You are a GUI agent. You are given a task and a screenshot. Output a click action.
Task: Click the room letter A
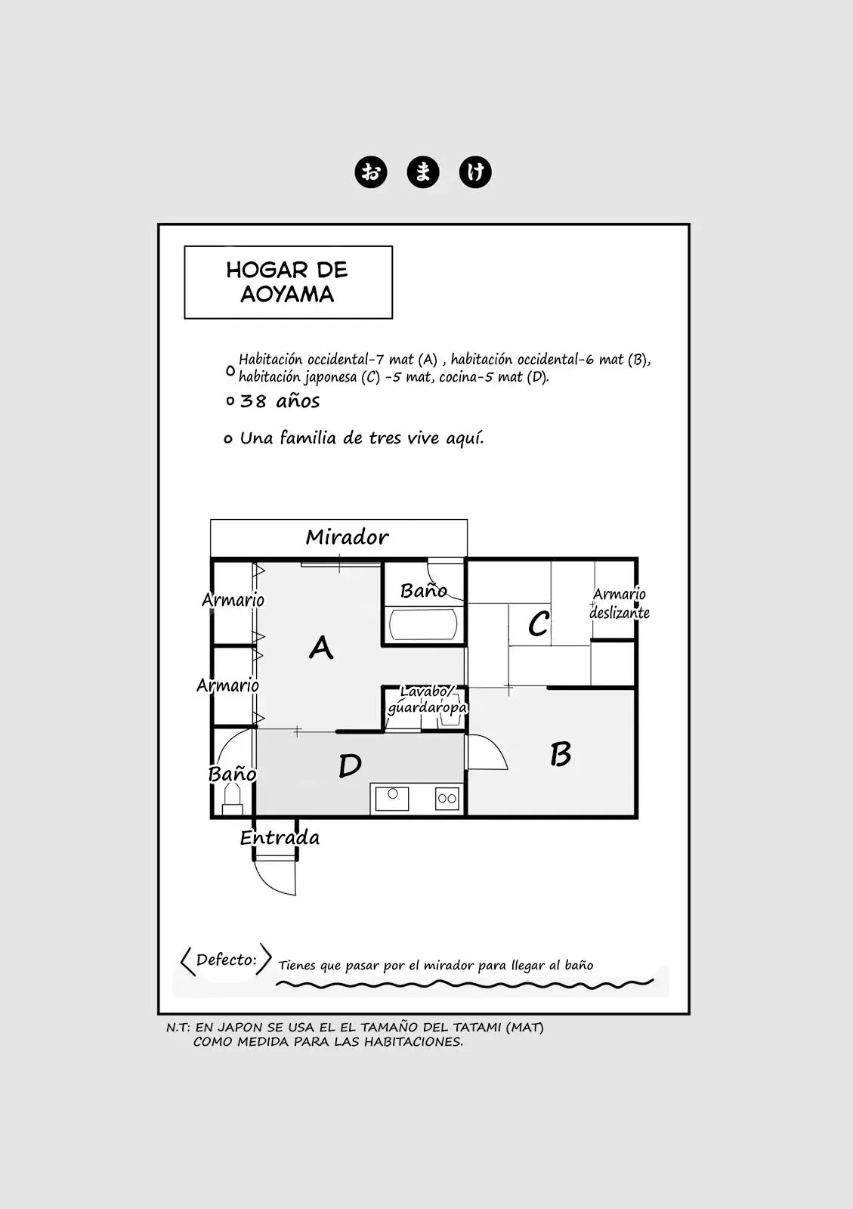321,647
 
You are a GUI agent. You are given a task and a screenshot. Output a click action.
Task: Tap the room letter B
561,755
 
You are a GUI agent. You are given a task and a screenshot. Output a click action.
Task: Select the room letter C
539,624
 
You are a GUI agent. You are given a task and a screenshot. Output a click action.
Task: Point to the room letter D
350,765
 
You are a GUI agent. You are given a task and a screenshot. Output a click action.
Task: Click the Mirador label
347,537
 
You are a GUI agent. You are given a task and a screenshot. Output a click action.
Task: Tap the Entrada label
280,838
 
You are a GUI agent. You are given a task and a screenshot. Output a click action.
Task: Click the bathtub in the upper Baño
423,624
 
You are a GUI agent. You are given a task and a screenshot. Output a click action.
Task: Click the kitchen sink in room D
392,798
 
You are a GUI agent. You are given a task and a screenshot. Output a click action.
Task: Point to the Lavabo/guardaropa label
427,700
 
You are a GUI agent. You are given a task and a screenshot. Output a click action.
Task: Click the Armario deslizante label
620,604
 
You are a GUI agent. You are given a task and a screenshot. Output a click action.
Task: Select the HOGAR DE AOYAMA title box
288,283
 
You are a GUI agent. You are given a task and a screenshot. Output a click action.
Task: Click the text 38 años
280,401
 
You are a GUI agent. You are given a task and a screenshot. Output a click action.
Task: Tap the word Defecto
226,960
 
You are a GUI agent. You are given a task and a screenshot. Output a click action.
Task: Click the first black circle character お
371,173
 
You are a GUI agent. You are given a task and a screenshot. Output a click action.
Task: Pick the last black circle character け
474,173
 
